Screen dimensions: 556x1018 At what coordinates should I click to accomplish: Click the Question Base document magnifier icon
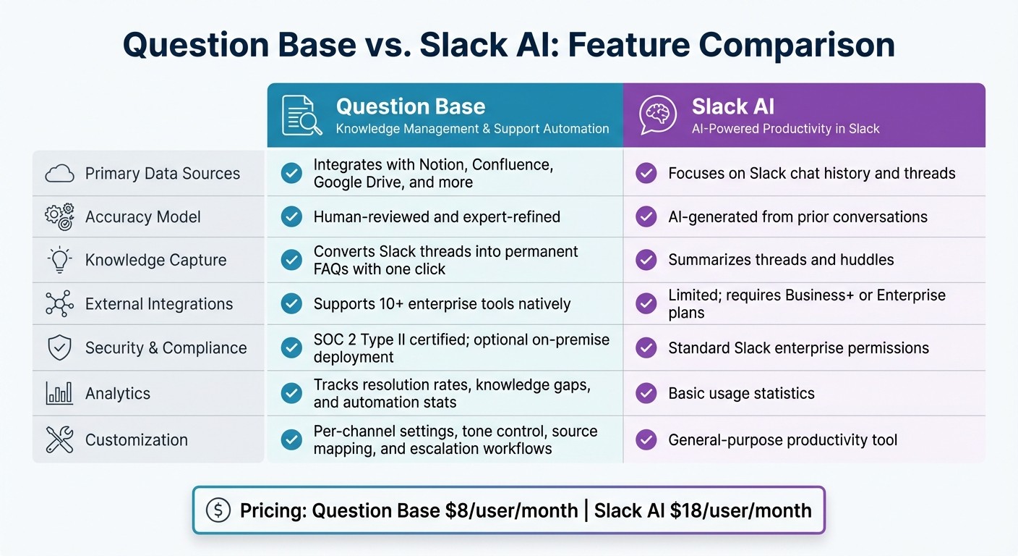tap(301, 116)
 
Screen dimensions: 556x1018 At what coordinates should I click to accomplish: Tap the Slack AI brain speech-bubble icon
tap(658, 116)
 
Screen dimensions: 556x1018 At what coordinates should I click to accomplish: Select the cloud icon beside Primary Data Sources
tap(59, 174)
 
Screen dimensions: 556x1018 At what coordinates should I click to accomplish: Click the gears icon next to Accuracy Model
tap(59, 217)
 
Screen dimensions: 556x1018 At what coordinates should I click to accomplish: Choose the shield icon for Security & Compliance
tap(59, 348)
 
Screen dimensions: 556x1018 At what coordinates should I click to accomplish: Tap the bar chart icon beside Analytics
tap(59, 393)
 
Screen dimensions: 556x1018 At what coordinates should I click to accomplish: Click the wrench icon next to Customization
tap(59, 439)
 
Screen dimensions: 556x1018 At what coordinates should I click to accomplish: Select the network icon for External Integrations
tap(59, 304)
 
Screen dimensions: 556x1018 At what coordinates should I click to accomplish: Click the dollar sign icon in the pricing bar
tap(218, 510)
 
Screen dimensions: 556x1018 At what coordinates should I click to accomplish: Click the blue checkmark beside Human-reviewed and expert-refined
tap(291, 216)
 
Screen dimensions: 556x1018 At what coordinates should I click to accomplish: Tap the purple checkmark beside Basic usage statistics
tap(646, 393)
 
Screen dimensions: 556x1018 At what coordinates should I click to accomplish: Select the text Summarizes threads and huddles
tap(781, 260)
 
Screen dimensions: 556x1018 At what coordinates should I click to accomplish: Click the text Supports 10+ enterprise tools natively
tap(442, 304)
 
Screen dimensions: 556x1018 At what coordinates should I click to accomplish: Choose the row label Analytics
tap(118, 393)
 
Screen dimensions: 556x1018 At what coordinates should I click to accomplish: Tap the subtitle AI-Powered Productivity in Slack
tap(785, 129)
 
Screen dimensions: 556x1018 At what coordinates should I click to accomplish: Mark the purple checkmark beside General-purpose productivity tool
tap(646, 439)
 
